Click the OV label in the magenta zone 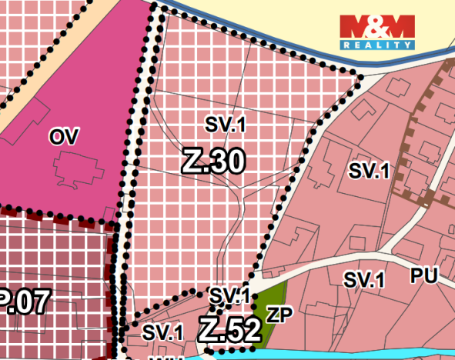coord(65,137)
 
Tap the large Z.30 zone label coord(214,161)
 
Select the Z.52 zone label coord(229,330)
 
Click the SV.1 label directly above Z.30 coord(225,123)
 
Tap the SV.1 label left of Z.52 coord(163,332)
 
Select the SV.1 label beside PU coord(363,280)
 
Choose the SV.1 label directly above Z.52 coord(229,295)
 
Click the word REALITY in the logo coord(377,45)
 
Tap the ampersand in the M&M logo coord(377,26)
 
